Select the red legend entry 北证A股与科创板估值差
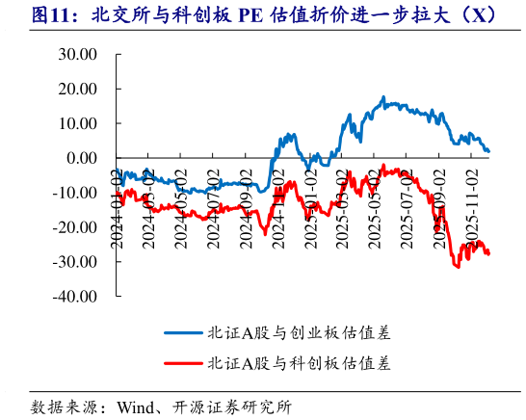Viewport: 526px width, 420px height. [x=299, y=363]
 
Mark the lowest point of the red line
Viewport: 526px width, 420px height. [x=457, y=267]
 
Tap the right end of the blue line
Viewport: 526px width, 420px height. [x=488, y=151]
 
